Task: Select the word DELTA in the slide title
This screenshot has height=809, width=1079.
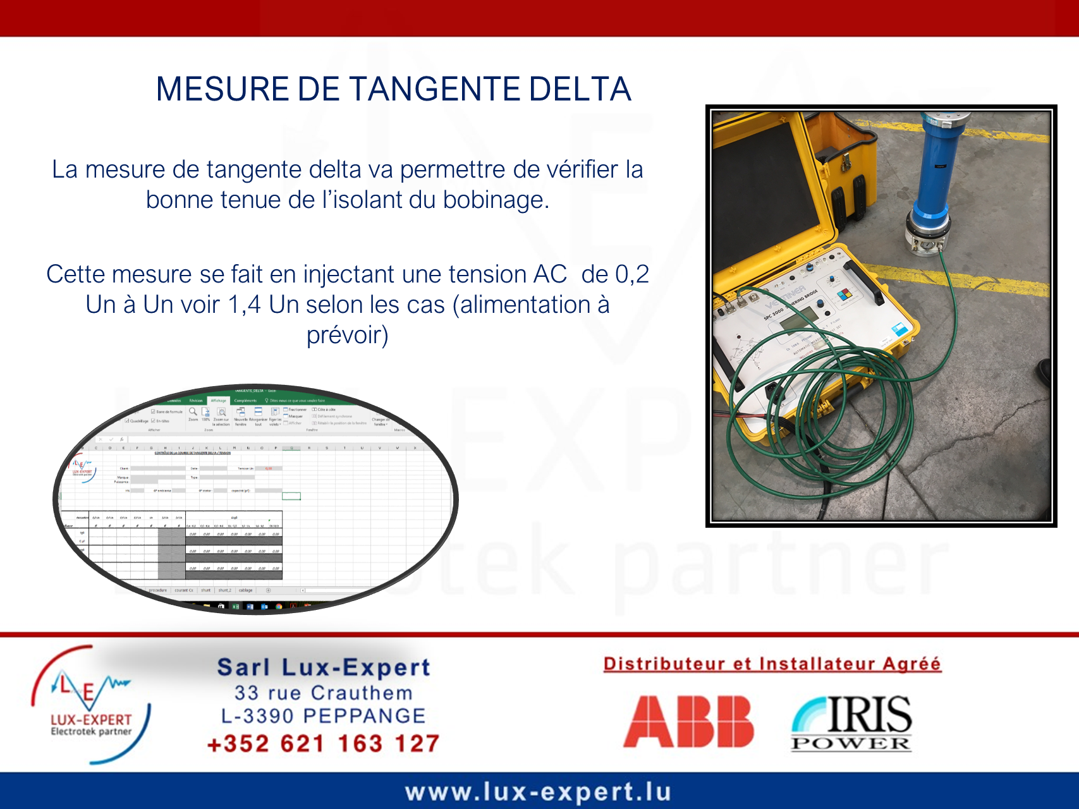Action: coord(580,89)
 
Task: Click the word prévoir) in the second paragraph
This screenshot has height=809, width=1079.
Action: coord(347,335)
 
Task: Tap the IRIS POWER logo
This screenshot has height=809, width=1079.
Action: coord(851,723)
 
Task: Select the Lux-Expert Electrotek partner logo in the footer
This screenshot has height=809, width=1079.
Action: coord(91,704)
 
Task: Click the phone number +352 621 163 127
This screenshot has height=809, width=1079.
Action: coord(323,743)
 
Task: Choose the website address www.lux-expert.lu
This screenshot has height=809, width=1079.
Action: coord(538,791)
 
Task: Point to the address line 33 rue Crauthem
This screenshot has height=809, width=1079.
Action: coord(323,693)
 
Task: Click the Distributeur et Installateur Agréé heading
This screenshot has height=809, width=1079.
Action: coord(772,664)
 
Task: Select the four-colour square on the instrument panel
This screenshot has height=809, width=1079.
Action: coord(845,294)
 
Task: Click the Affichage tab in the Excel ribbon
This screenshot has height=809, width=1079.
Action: coord(218,401)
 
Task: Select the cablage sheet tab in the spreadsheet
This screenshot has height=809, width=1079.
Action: coord(245,590)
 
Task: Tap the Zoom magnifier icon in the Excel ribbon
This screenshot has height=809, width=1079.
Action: coord(193,412)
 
